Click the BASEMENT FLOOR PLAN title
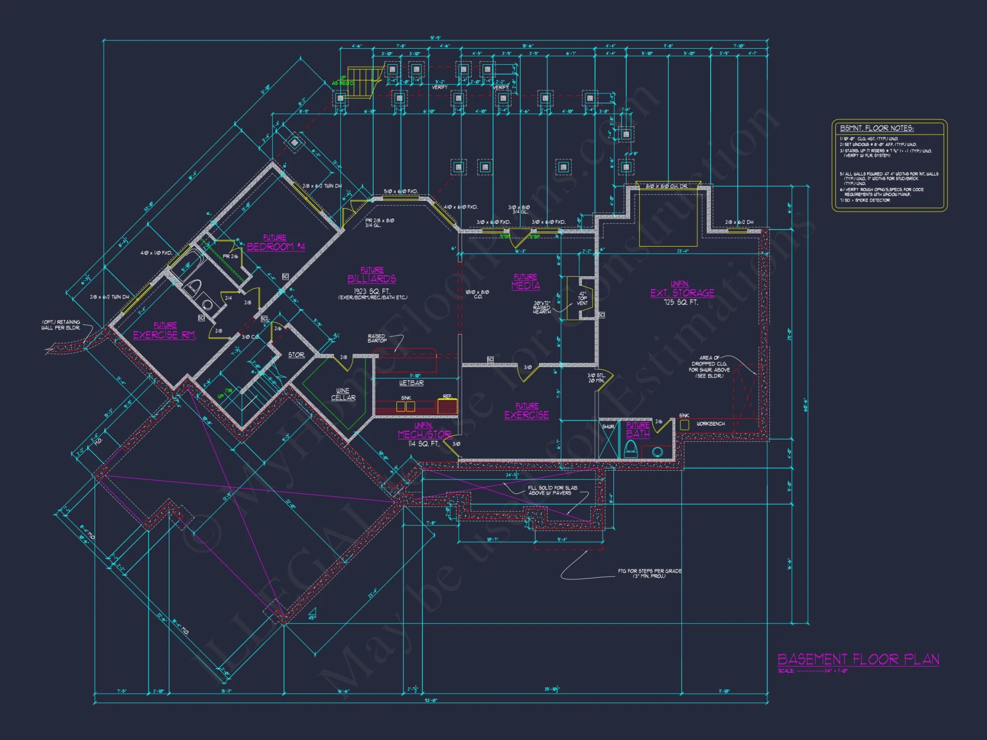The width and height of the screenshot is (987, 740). [x=858, y=660]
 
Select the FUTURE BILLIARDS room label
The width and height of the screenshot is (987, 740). [x=372, y=275]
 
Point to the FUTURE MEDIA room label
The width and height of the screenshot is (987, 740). [x=526, y=282]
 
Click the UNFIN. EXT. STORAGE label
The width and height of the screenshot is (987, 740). [x=682, y=290]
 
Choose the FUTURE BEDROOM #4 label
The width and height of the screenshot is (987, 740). [x=275, y=243]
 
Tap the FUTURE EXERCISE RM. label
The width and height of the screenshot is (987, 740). [x=165, y=331]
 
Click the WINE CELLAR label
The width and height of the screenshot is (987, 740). [x=343, y=394]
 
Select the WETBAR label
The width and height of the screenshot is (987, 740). [x=411, y=383]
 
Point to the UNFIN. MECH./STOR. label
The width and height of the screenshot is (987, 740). [x=424, y=431]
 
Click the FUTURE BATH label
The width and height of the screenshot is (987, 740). [x=638, y=430]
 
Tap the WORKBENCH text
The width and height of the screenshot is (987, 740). [x=710, y=424]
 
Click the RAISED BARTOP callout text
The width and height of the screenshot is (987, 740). [x=377, y=338]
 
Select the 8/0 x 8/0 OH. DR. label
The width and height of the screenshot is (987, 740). [x=666, y=186]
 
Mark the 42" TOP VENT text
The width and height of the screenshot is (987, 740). [x=582, y=298]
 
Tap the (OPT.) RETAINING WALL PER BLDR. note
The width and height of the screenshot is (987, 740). [x=61, y=325]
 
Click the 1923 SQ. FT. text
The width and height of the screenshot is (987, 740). [x=372, y=291]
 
